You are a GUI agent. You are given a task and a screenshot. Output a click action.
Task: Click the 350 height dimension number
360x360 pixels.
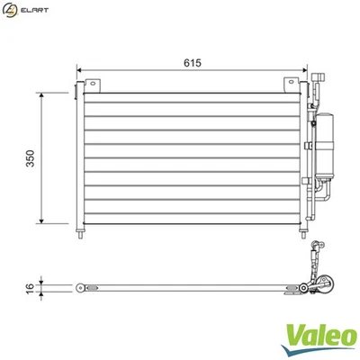pos(30,158)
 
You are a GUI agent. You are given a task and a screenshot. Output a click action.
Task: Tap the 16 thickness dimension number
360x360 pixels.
pos(29,288)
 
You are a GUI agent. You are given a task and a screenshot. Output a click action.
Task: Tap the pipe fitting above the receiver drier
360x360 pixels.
pos(317,90)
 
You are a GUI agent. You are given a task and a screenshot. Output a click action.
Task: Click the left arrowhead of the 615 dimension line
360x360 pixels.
pos(80,71)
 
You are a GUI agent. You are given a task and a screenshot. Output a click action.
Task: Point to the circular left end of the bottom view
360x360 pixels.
pos(81,288)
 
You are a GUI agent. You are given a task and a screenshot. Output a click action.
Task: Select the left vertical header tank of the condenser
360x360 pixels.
pos(82,157)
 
